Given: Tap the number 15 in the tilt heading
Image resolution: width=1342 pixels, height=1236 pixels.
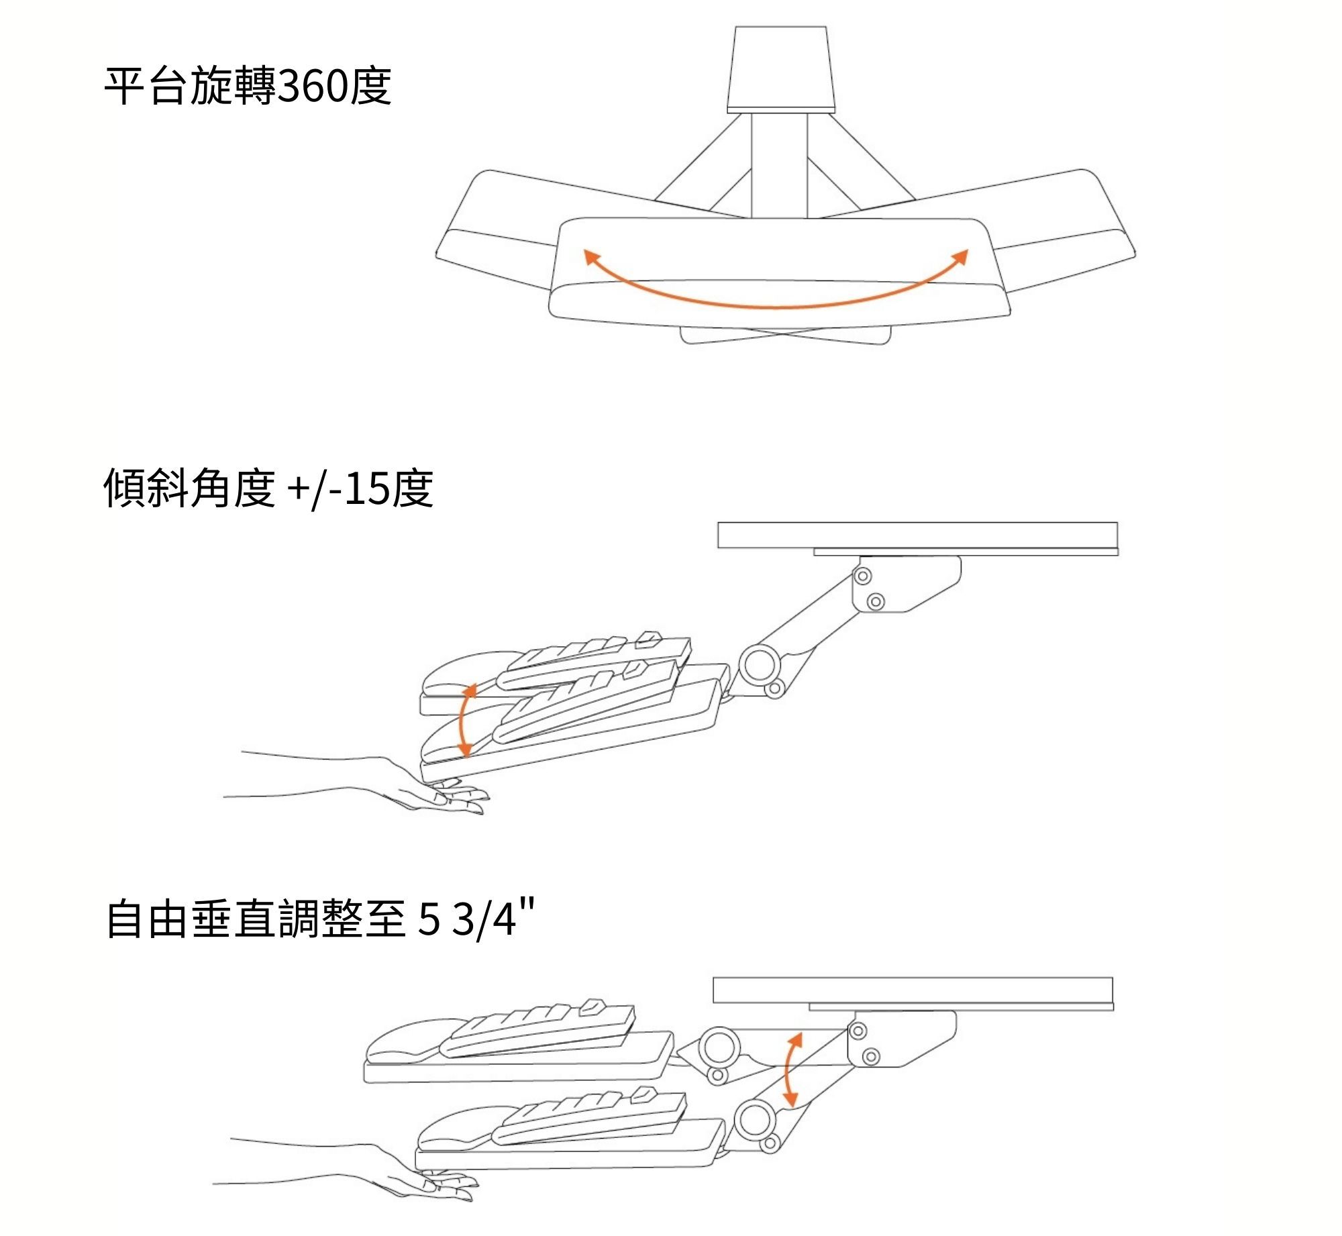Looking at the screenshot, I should tap(366, 488).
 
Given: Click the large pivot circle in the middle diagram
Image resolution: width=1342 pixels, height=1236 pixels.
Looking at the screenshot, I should tap(759, 664).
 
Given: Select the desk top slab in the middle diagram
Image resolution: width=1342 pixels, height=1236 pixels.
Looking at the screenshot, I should tap(917, 535).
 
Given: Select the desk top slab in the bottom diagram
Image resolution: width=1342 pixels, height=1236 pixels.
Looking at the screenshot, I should tap(913, 990).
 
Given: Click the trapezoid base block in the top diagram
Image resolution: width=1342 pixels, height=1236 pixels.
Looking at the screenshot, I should tap(781, 67).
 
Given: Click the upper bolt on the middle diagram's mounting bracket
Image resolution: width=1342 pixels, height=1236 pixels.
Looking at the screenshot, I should tap(863, 576).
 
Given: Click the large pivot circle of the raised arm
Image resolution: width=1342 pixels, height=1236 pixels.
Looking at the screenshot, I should tap(719, 1046).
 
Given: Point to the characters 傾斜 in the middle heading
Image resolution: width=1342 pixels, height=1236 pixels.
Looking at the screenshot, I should tap(146, 488).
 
